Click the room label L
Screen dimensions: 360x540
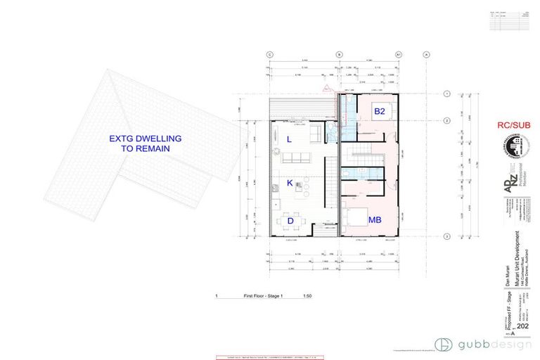point(290,139)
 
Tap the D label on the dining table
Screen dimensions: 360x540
point(290,220)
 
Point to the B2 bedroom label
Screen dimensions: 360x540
point(379,111)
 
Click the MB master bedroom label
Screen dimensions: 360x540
point(375,219)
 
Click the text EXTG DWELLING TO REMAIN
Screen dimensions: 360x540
point(144,144)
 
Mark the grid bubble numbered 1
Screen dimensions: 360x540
point(448,94)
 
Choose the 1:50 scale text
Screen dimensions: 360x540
point(307,297)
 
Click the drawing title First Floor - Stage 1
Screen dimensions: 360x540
point(259,297)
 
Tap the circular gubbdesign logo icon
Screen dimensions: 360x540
point(443,345)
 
